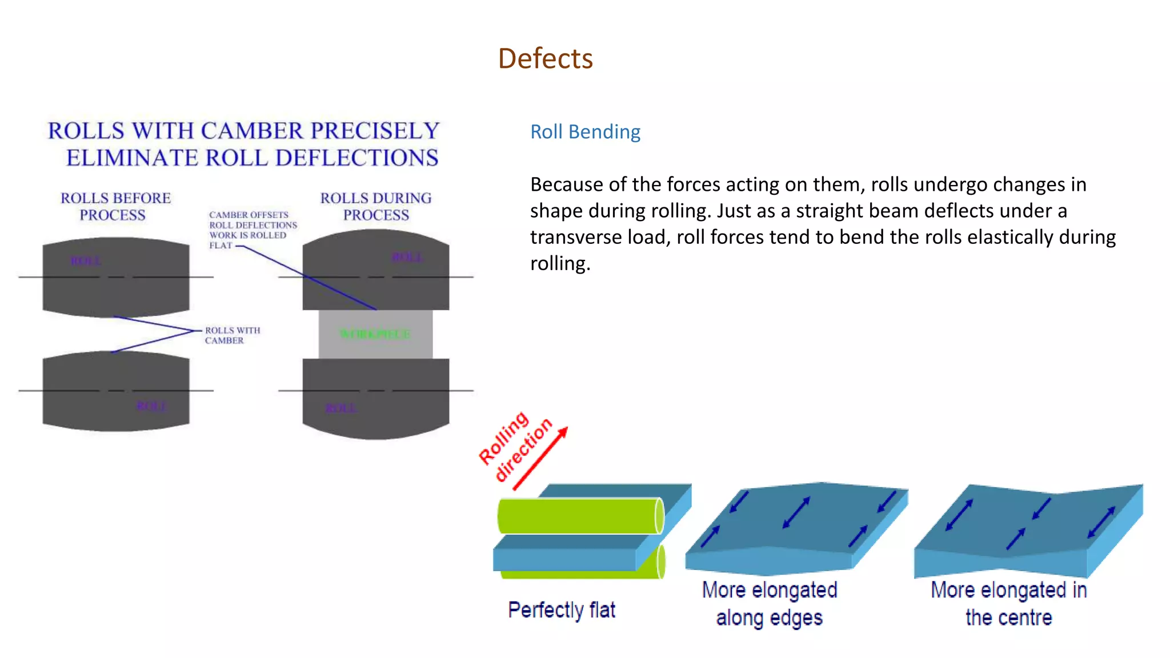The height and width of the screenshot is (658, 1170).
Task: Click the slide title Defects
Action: click(545, 58)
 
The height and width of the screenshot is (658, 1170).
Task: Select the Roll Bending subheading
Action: click(585, 132)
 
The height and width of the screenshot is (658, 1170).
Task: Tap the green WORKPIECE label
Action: click(375, 334)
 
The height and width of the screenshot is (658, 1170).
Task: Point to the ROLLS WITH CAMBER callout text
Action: click(232, 335)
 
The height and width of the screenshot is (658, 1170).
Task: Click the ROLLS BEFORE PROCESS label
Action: click(115, 206)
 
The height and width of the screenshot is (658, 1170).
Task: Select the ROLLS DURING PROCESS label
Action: click(376, 206)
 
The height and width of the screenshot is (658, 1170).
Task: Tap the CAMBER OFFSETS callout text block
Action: click(252, 230)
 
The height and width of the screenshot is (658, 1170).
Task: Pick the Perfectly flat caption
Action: click(562, 610)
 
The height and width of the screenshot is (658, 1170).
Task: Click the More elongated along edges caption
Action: click(770, 604)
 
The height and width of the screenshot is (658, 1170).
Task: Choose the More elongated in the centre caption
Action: click(1008, 604)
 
